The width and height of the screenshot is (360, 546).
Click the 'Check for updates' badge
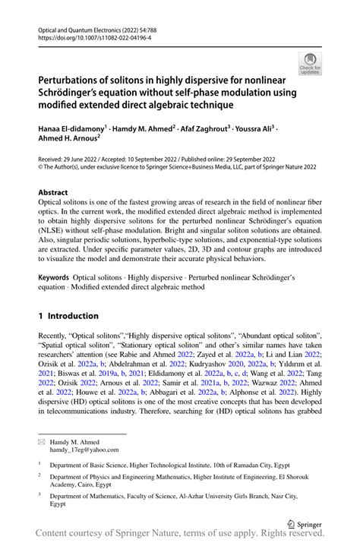point(311,63)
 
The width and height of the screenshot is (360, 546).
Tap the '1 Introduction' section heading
point(68,315)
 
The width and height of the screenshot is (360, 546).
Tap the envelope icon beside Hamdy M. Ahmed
point(43,441)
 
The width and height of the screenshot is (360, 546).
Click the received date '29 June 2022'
point(87,161)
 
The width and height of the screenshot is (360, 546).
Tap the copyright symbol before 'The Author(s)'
point(41,169)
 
